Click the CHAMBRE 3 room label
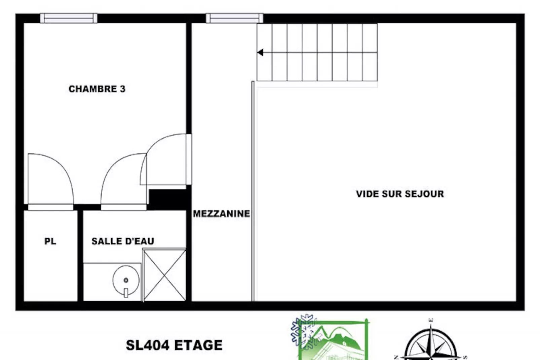(x=97, y=89)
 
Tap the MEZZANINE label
(x=221, y=214)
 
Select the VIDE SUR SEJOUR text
(x=400, y=194)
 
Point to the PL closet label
(x=50, y=241)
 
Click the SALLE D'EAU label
(x=123, y=241)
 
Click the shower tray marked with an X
(x=164, y=275)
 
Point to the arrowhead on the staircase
(x=260, y=52)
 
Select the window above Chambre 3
(x=69, y=18)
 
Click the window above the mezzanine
(x=234, y=18)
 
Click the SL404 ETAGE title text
(x=174, y=345)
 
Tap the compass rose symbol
(x=431, y=343)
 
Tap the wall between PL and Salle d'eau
(x=80, y=256)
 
